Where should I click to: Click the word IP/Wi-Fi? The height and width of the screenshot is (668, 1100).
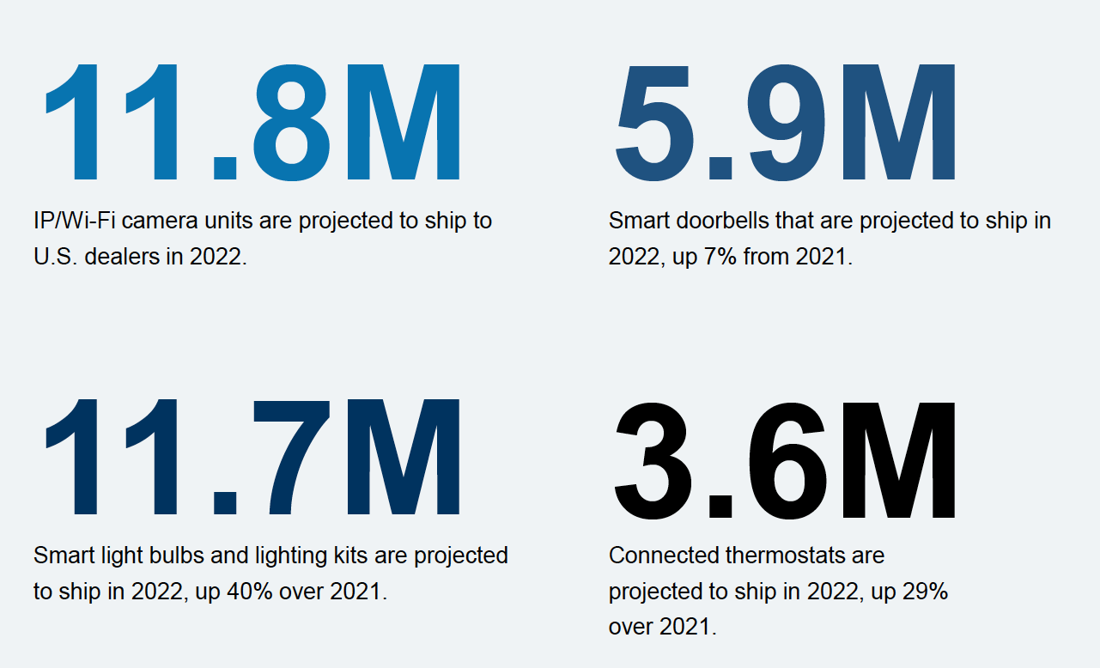pos(71,221)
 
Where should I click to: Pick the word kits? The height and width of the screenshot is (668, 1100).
pos(347,556)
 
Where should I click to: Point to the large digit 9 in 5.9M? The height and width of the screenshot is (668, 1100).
pos(787,120)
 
